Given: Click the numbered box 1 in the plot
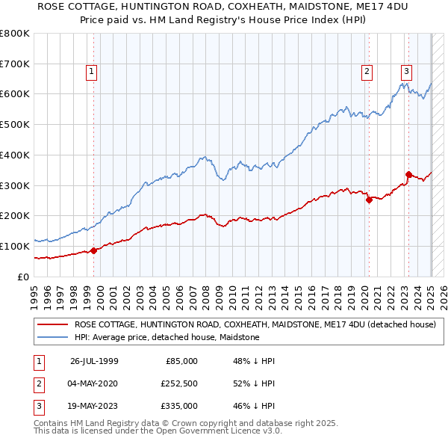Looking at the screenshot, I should [x=91, y=72].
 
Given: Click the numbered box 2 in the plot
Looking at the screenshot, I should [x=367, y=72].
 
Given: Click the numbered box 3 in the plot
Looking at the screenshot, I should [x=406, y=72].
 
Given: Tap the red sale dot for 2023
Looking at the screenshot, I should [x=408, y=175].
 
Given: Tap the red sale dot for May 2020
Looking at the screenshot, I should [x=369, y=200].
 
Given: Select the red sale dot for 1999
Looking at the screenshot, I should [x=94, y=250].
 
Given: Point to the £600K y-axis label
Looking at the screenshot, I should [x=15, y=94].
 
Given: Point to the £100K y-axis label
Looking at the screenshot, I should [x=15, y=246].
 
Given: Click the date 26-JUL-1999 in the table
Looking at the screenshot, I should [x=94, y=361].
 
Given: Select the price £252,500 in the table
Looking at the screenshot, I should [x=179, y=383].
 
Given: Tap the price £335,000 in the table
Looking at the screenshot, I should [x=179, y=406].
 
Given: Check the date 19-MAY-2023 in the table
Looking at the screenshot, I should [x=94, y=406].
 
